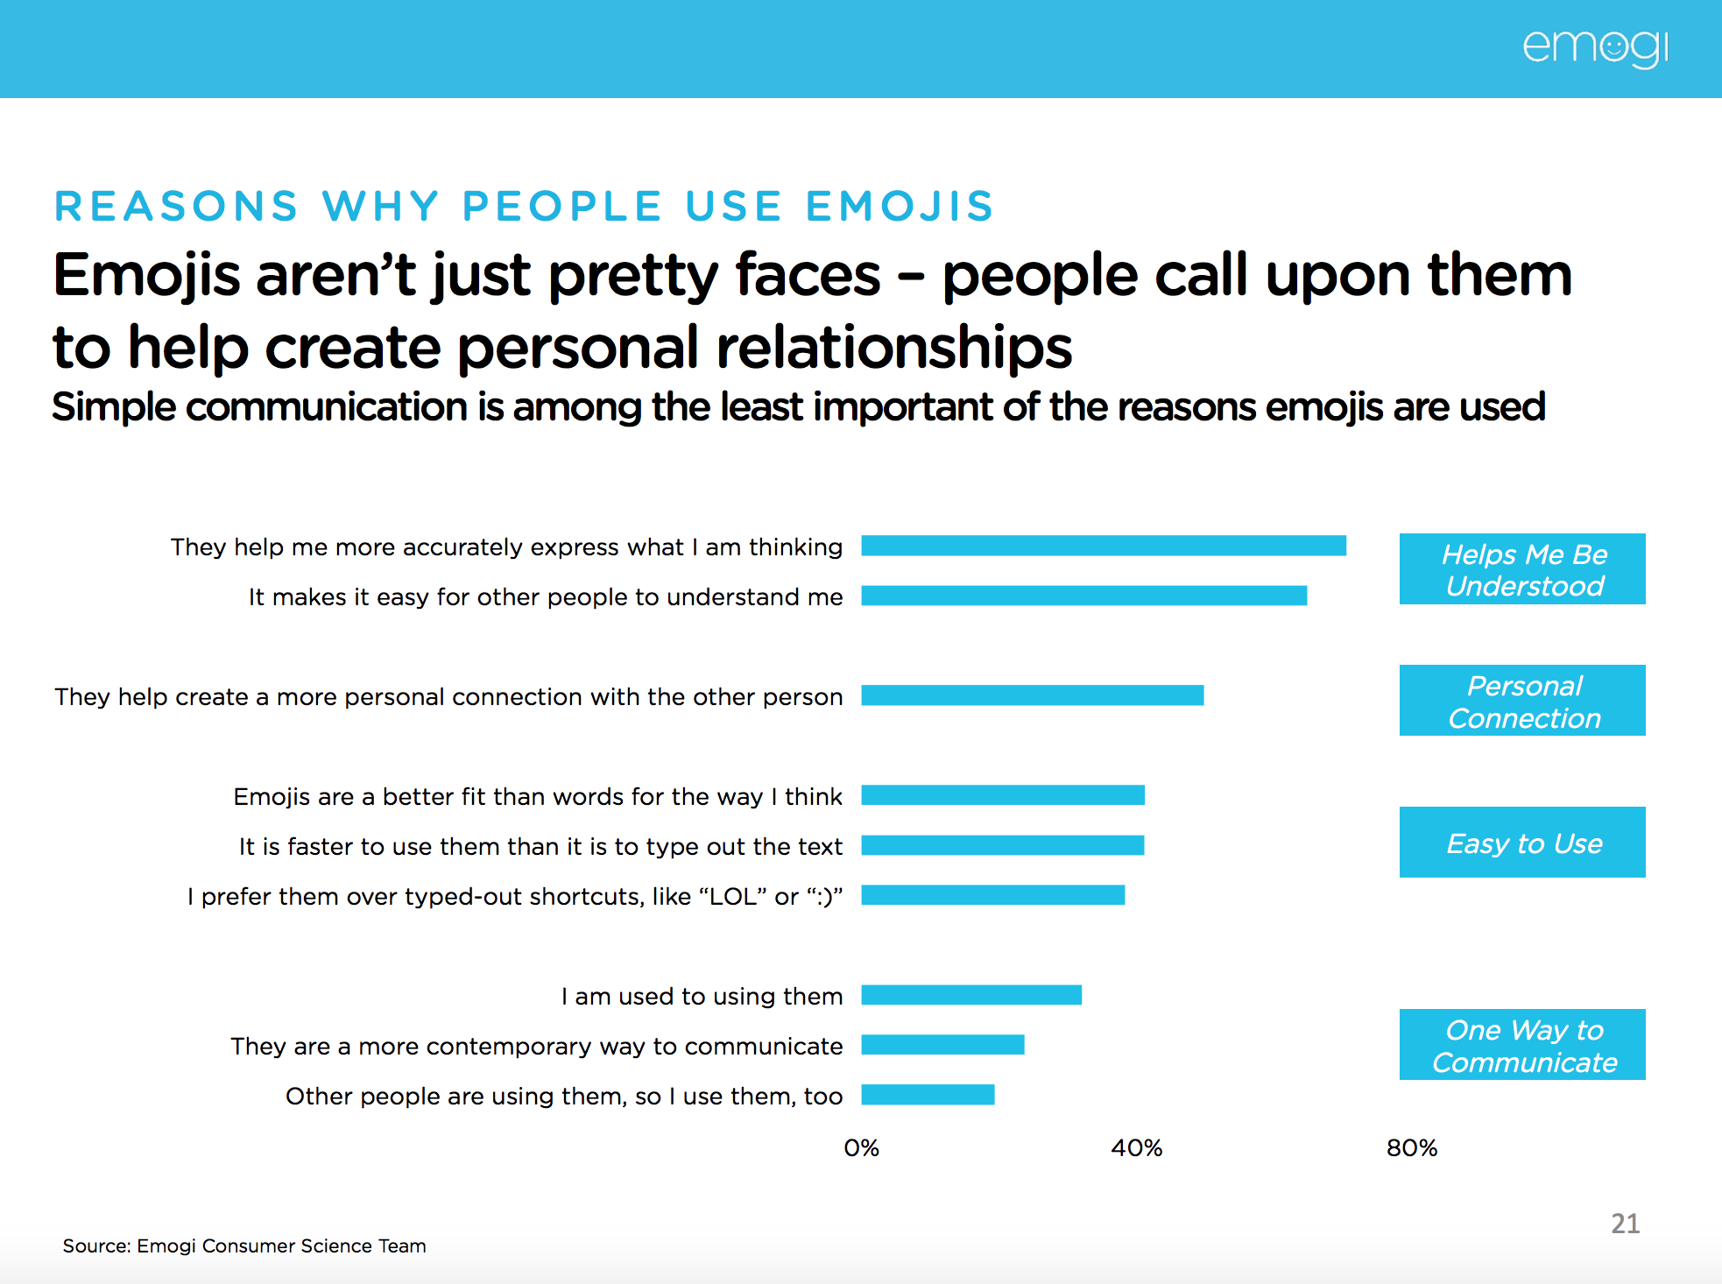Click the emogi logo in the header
click(x=1595, y=48)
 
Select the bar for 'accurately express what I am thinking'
click(x=1104, y=546)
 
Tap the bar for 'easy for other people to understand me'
click(x=1083, y=596)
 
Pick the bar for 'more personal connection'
click(x=1032, y=695)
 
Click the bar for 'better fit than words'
click(x=1003, y=795)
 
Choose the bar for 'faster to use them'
click(x=1003, y=845)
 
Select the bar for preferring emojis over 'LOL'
click(x=992, y=895)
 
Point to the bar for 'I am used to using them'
click(x=971, y=995)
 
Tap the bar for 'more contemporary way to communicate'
click(x=942, y=1045)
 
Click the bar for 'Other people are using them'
click(x=928, y=1095)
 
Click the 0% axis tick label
click(x=861, y=1148)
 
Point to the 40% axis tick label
click(x=1136, y=1148)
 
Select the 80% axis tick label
click(x=1411, y=1148)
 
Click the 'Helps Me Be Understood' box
click(x=1522, y=569)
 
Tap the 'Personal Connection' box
click(x=1522, y=701)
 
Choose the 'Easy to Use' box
click(x=1522, y=843)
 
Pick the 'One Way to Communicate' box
click(x=1522, y=1045)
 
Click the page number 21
click(x=1625, y=1224)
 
